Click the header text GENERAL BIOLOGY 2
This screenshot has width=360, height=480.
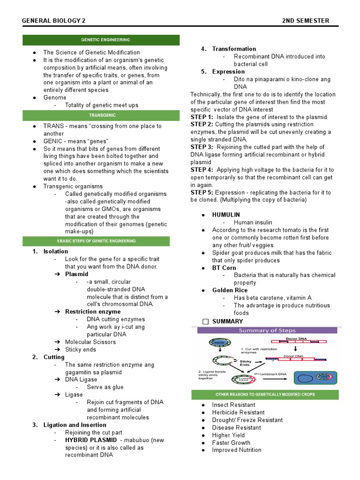[x=54, y=21]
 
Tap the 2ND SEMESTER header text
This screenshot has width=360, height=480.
[x=306, y=21]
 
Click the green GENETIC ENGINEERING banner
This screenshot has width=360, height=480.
[x=101, y=40]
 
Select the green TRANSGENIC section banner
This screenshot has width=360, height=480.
[x=101, y=115]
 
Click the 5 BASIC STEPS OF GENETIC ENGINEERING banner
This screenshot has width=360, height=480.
[x=101, y=241]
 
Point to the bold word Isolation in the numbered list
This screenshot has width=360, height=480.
[x=55, y=251]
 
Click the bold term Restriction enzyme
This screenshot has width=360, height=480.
[x=92, y=312]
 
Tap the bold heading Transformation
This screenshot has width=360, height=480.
[x=234, y=49]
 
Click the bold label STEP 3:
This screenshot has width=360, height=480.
[x=202, y=147]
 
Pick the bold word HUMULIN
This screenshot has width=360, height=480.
[x=226, y=215]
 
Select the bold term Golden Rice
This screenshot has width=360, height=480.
[x=229, y=290]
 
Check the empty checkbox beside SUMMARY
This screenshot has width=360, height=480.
[x=205, y=322]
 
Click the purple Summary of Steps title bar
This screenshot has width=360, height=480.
[x=267, y=330]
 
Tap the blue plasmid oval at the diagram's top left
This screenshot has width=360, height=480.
[x=214, y=343]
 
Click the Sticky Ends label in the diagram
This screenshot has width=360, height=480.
[x=246, y=364]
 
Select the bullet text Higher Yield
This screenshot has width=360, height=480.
[x=231, y=435]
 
